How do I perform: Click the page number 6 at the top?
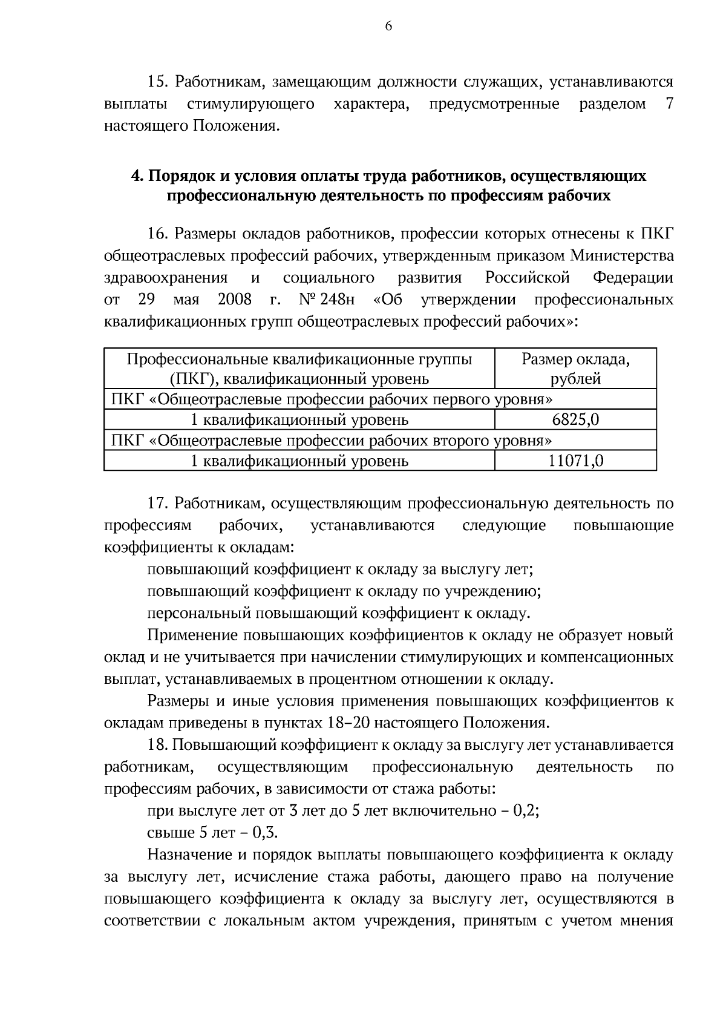click(388, 25)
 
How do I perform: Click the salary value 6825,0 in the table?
click(575, 419)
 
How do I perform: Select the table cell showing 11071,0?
click(575, 461)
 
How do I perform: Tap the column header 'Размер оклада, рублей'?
click(575, 369)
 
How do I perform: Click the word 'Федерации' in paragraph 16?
click(633, 278)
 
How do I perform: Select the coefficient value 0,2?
click(525, 810)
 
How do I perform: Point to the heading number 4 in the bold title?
click(136, 176)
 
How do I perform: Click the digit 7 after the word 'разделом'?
click(669, 104)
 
